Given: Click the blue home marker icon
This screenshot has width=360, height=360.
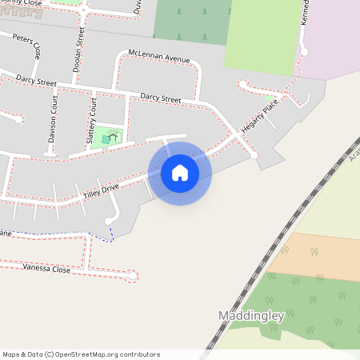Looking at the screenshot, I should (180, 173).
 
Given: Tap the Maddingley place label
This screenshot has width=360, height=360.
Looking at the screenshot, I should (251, 316).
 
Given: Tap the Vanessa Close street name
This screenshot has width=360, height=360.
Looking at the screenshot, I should (46, 269).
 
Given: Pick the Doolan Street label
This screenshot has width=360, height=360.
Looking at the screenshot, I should (78, 50).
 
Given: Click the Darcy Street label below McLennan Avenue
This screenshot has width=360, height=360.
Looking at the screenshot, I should (161, 98).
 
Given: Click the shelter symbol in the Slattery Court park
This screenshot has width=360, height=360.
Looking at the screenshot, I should (114, 137).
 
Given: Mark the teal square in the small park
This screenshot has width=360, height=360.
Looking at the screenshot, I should (106, 141).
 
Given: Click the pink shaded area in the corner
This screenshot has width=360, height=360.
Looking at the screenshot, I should (336, 40).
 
